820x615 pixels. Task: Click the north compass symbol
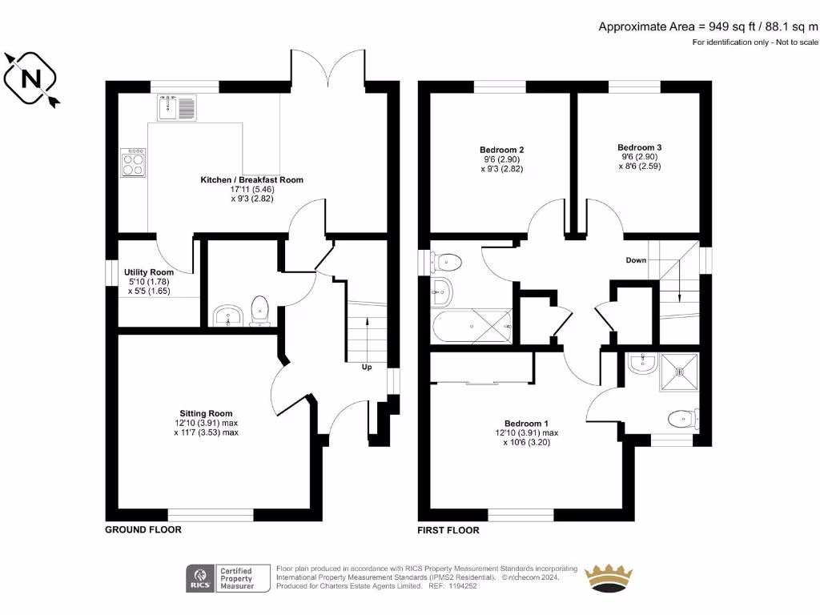coord(31,78)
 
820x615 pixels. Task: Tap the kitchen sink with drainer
coord(176,107)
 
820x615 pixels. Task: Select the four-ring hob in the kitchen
coord(132,163)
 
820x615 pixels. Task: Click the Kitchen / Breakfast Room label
coord(251,180)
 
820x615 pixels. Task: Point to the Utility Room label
coord(149,272)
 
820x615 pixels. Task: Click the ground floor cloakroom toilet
coord(259,311)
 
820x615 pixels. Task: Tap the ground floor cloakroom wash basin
coord(228,316)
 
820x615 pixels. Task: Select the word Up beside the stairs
coord(367,368)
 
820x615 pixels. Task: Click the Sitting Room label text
coord(206,414)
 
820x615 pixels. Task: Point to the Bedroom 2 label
coord(501,150)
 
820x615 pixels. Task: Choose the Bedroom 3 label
coord(639,147)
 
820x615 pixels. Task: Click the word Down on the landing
coord(636,261)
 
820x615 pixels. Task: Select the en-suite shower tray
coord(679,372)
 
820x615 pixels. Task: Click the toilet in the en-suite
coord(682,418)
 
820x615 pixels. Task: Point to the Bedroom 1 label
coord(526,424)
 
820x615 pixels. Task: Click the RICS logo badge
coord(201,577)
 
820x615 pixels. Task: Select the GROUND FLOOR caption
coord(143,529)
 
